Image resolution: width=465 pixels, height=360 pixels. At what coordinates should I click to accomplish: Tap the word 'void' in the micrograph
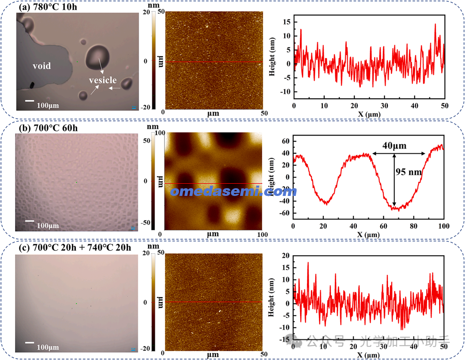42,66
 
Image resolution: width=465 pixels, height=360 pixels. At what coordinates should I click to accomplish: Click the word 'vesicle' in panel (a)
102,80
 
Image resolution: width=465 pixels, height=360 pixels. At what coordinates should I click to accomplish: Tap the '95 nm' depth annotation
409,172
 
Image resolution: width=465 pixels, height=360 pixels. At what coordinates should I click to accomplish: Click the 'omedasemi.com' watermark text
233,191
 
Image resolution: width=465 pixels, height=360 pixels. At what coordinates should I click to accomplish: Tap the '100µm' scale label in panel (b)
47,225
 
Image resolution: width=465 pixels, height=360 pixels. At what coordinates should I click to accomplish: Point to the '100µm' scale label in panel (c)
47,347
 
